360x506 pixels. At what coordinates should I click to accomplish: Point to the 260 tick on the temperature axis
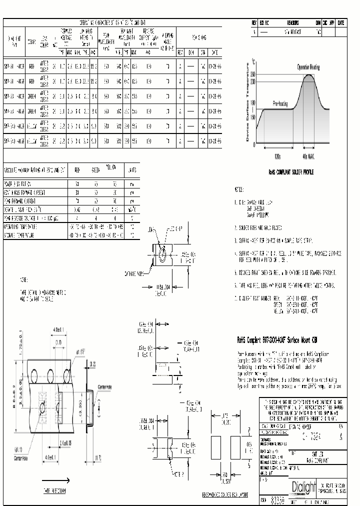(x=253, y=74)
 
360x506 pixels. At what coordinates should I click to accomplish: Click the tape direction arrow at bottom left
(x=55, y=477)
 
